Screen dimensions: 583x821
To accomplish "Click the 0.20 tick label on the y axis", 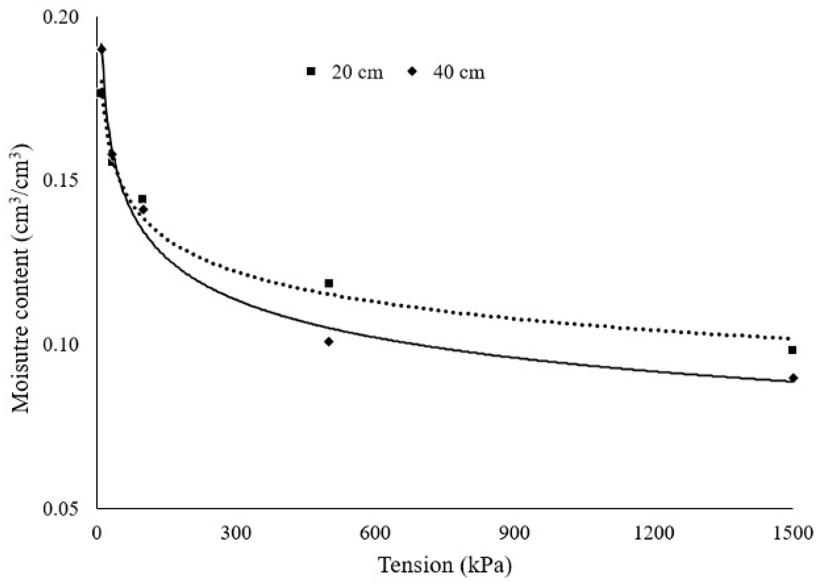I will click(60, 17).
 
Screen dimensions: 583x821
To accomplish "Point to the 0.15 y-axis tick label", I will click(60, 180).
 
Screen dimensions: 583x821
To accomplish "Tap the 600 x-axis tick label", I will click(375, 533).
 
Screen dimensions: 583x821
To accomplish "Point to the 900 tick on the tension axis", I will click(514, 533).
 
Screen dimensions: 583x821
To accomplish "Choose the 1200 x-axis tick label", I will click(653, 533).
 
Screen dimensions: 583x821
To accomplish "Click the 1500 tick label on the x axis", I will click(792, 533).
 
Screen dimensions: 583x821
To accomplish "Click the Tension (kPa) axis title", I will click(445, 565).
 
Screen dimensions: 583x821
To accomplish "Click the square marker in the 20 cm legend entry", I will click(311, 71).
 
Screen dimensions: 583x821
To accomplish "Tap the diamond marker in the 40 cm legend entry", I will click(413, 71).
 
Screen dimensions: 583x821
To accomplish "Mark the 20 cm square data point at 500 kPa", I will click(328, 283).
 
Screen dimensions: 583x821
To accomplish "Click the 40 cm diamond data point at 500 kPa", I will click(328, 342).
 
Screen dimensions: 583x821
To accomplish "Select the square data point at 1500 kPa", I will click(792, 350).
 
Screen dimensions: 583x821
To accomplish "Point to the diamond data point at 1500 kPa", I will click(793, 378).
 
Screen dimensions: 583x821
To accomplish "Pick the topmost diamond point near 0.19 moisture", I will click(102, 49).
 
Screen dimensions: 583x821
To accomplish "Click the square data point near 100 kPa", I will click(142, 199).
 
